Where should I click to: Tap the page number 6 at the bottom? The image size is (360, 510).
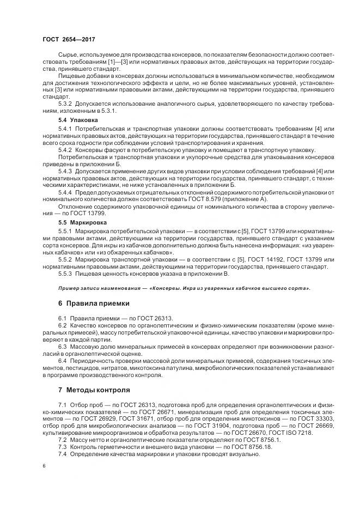coord(44,466)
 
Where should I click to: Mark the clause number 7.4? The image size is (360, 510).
coord(62,453)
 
